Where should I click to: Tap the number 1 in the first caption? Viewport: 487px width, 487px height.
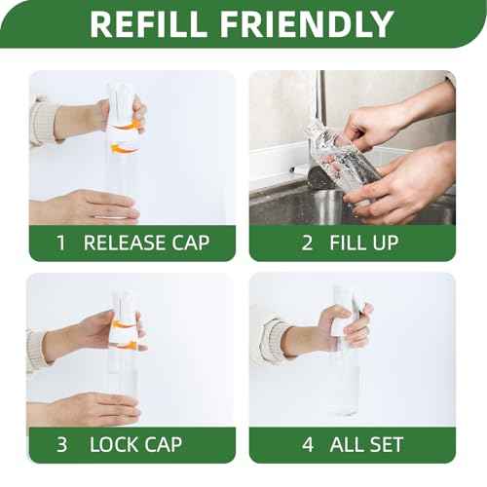(x=60, y=243)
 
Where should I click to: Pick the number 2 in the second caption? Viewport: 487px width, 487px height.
(x=307, y=243)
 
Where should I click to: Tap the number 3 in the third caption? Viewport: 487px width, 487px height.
(x=61, y=444)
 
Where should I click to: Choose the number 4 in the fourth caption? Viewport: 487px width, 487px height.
(x=307, y=444)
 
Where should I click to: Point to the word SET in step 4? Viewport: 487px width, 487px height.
(x=394, y=444)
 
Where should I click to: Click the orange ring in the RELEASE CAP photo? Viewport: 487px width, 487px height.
(x=124, y=136)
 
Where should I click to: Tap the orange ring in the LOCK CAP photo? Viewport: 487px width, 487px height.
(x=123, y=326)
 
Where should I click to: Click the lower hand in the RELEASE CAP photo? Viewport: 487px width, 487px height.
(x=93, y=206)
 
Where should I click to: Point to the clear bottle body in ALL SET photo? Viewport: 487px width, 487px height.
(x=346, y=385)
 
